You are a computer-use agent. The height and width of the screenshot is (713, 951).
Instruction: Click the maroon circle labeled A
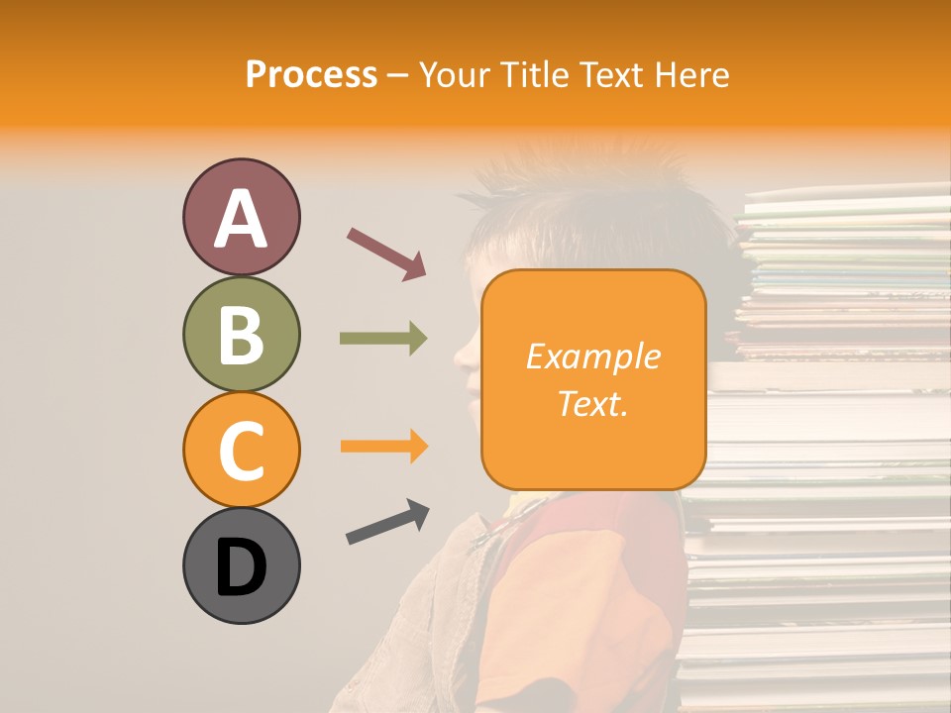click(241, 217)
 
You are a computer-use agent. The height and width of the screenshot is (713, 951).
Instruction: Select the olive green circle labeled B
click(241, 334)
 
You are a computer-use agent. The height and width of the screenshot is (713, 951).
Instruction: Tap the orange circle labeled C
click(241, 450)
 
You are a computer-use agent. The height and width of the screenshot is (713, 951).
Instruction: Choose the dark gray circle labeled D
click(241, 565)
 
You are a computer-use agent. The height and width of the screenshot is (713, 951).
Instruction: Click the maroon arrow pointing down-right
click(386, 253)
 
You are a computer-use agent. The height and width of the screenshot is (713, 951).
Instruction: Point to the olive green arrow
click(383, 339)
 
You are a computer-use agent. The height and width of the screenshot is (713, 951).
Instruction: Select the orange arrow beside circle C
click(383, 447)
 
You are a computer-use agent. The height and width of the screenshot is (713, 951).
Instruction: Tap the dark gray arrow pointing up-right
click(387, 522)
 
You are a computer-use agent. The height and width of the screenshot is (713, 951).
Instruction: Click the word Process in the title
click(311, 75)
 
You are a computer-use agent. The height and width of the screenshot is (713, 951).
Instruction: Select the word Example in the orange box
click(592, 356)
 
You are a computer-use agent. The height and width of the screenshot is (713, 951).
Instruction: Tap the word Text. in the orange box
click(592, 402)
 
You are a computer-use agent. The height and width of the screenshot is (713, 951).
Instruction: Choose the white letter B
click(241, 336)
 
